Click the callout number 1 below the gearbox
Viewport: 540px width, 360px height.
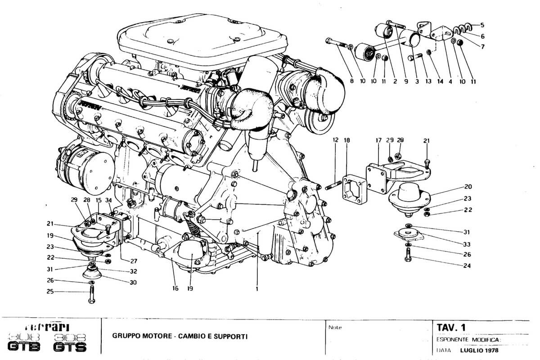click(x=256, y=289)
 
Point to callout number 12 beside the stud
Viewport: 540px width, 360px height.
click(x=335, y=141)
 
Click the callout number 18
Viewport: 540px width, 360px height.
click(x=347, y=141)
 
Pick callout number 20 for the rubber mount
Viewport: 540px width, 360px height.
click(x=468, y=186)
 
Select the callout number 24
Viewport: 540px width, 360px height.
click(x=468, y=265)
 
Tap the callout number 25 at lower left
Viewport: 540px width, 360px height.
click(x=49, y=292)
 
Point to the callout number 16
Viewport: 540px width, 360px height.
click(x=173, y=289)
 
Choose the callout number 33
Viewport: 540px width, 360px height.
click(x=468, y=244)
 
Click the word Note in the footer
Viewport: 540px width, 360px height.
click(x=335, y=327)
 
